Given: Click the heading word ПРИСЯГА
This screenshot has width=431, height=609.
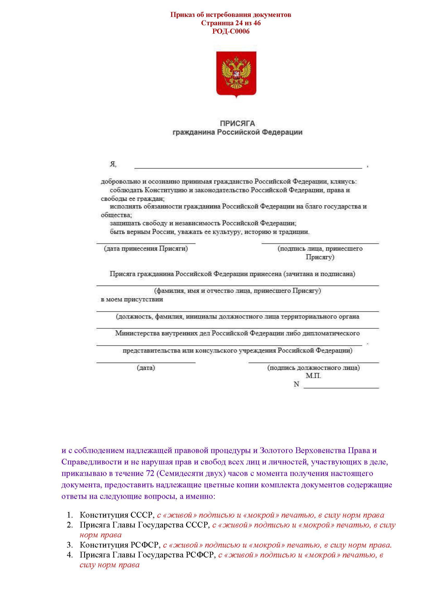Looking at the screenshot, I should [237, 123].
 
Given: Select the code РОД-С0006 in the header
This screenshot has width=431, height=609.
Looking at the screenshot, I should [231, 32].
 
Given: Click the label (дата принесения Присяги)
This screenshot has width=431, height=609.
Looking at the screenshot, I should [146, 249].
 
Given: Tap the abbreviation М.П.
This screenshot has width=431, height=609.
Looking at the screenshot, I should [313, 376].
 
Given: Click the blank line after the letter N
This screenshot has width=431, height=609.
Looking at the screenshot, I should [341, 387].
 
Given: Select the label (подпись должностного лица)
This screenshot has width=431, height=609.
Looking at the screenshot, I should [313, 368].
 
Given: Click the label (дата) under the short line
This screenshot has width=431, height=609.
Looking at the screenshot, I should [146, 368].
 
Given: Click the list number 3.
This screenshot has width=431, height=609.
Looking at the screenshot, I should [70, 545].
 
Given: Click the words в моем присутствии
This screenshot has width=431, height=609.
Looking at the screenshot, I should [132, 299].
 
